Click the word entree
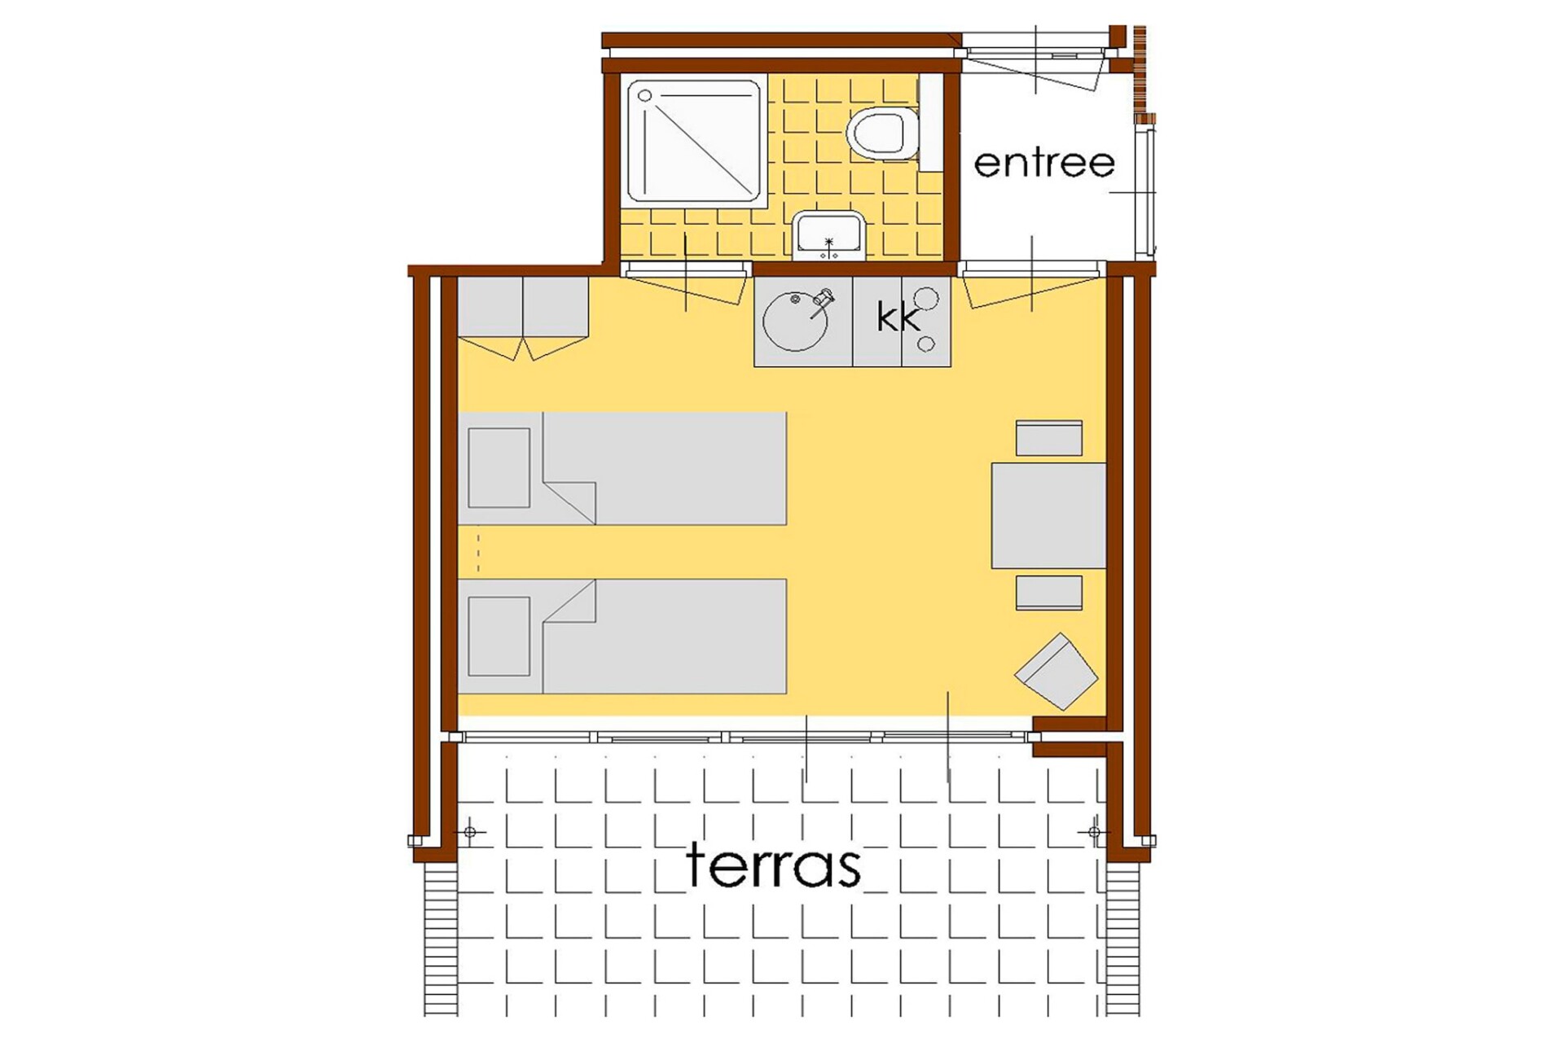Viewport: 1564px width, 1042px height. [x=1044, y=164]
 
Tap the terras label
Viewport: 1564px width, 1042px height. [x=773, y=865]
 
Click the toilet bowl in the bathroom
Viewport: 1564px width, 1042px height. [x=883, y=132]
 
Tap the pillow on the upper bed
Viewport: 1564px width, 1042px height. [x=499, y=468]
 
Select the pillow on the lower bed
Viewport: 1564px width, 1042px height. [x=499, y=637]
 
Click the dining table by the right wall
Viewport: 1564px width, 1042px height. [x=1048, y=515]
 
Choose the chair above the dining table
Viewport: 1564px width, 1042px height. [x=1049, y=438]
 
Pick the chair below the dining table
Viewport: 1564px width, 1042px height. [x=1049, y=593]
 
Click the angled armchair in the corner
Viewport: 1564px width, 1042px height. [x=1057, y=672]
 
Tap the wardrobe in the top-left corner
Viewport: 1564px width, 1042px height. [x=523, y=318]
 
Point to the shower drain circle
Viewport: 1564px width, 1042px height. [x=645, y=96]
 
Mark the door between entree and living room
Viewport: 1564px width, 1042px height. [x=1032, y=289]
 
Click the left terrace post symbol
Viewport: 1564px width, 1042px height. [x=470, y=832]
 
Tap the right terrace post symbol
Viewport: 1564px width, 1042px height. [x=1094, y=832]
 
